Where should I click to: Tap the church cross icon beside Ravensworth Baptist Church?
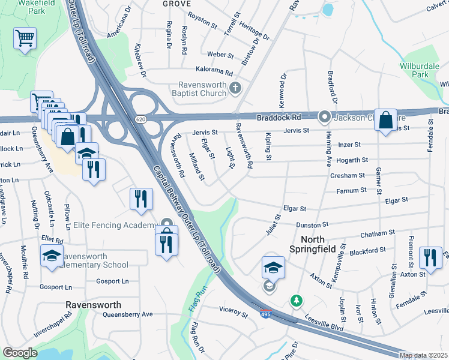click(x=235, y=89)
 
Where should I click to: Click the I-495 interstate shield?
click(x=265, y=313)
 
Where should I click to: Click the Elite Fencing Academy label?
click(x=115, y=226)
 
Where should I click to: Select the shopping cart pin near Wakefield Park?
click(x=25, y=40)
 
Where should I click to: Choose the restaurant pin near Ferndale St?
click(x=430, y=257)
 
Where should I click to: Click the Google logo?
click(x=20, y=353)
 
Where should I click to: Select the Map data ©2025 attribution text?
click(x=423, y=355)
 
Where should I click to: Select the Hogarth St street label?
click(x=352, y=160)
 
